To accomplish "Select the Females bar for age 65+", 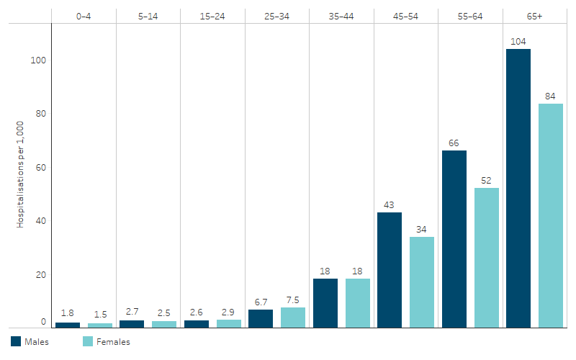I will pyautogui.click(x=551, y=216).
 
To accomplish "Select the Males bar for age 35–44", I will pyautogui.click(x=325, y=303).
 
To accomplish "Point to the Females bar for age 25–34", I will pyautogui.click(x=293, y=318).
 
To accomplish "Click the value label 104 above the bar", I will pyautogui.click(x=518, y=42).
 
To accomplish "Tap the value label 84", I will pyautogui.click(x=551, y=96).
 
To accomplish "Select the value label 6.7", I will pyautogui.click(x=261, y=302).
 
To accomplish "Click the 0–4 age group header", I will pyautogui.click(x=84, y=15).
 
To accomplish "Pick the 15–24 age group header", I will pyautogui.click(x=213, y=15).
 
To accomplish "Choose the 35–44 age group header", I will pyautogui.click(x=342, y=15).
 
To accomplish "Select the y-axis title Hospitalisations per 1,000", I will pyautogui.click(x=21, y=174).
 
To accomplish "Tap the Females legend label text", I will pyautogui.click(x=113, y=343).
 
